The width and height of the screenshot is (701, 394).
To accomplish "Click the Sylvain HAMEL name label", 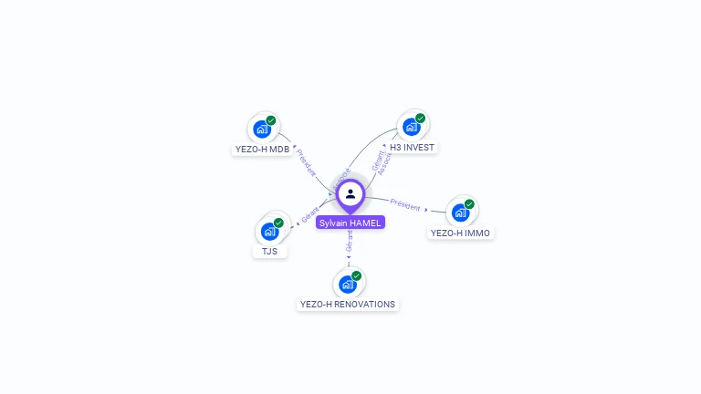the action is tap(350, 223).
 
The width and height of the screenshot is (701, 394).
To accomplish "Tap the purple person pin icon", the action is tap(350, 194).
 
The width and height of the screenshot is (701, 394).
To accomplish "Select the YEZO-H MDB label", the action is tap(262, 149).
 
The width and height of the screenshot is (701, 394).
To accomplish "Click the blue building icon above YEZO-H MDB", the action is tap(262, 129).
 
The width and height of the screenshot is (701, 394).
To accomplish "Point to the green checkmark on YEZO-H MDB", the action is tap(271, 120).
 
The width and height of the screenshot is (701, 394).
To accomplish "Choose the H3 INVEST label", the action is tap(412, 147).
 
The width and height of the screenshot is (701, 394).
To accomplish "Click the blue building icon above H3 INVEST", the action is tap(412, 127).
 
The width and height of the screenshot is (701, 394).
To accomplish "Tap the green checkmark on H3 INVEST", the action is tap(421, 118).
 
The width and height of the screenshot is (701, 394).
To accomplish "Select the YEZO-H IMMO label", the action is tap(461, 233).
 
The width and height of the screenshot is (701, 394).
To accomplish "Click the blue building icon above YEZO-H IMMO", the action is tap(461, 213).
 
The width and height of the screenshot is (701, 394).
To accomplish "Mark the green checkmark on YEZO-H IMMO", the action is tap(469, 204).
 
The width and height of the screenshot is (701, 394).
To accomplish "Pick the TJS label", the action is tap(270, 251).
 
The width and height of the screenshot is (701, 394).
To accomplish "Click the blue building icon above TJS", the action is tap(270, 231).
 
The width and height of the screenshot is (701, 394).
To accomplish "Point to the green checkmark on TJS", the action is tap(278, 223).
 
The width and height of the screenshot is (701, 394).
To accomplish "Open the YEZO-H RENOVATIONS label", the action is tap(349, 304).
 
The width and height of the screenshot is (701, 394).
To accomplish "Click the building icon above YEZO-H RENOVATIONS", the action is tap(348, 284).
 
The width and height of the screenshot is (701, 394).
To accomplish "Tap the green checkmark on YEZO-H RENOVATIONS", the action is tap(357, 275).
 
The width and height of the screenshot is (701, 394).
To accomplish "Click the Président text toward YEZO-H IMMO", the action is tap(405, 203).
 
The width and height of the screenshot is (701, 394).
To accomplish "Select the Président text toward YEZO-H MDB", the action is tap(306, 162).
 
